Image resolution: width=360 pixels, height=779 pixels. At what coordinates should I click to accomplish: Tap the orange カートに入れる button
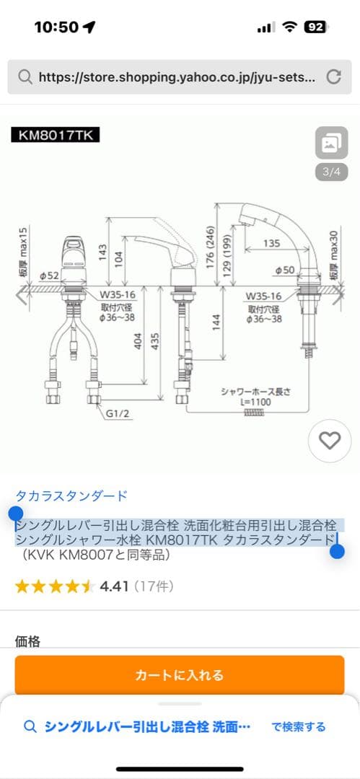[180, 675]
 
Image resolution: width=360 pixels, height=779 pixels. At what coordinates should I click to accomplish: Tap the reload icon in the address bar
[333, 76]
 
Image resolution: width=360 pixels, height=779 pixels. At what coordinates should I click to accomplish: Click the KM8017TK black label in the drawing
[56, 135]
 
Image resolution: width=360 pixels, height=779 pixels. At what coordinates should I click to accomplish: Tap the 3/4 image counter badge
[331, 172]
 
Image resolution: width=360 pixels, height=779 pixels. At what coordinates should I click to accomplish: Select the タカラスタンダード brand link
[71, 496]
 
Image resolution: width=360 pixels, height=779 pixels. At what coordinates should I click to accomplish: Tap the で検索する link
[298, 726]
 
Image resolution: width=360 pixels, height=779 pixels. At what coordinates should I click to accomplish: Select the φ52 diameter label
[49, 275]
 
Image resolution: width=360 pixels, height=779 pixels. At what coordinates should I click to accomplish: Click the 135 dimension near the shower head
[271, 244]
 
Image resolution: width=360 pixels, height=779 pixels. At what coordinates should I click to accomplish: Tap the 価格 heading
[28, 641]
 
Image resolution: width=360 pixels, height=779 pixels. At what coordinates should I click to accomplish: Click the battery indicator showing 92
[315, 27]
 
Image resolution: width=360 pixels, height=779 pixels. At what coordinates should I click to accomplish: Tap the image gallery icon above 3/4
[331, 143]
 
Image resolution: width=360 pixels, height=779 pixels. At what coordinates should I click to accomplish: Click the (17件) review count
[153, 586]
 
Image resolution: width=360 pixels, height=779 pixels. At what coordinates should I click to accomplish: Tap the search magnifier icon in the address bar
[25, 77]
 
